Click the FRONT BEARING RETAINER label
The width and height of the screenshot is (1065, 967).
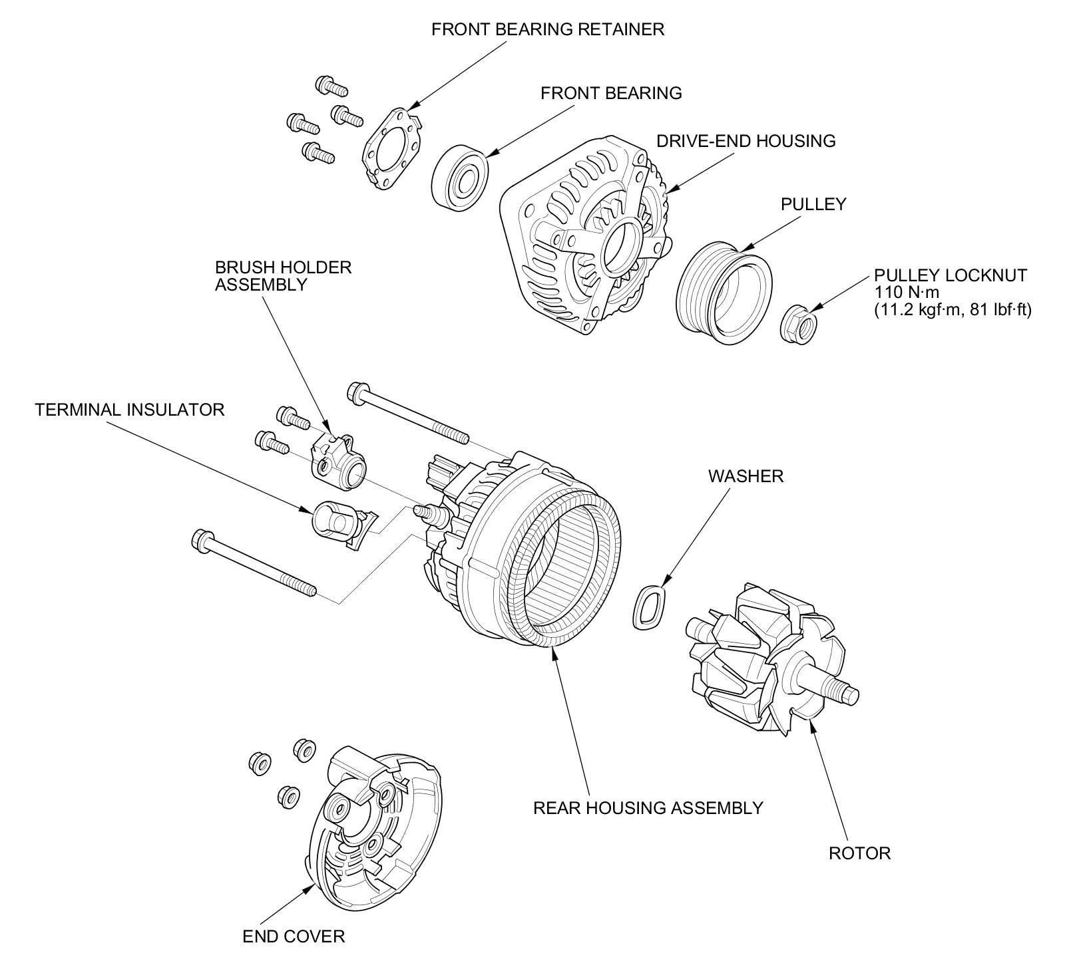click(x=547, y=30)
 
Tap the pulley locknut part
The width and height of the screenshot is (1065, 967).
click(x=797, y=325)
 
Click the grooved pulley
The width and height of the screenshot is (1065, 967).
click(x=723, y=292)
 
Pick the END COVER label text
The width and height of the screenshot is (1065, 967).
click(x=294, y=936)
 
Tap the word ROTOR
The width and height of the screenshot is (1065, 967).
click(x=859, y=853)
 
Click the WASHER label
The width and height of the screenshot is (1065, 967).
click(x=745, y=476)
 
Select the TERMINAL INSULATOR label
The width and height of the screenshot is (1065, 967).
click(x=130, y=410)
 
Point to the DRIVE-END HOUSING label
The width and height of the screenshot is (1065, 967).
click(x=745, y=141)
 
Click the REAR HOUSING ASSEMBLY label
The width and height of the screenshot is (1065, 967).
click(x=648, y=808)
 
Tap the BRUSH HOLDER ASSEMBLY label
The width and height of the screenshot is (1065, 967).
click(x=283, y=276)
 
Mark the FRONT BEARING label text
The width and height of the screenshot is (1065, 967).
click(x=611, y=93)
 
